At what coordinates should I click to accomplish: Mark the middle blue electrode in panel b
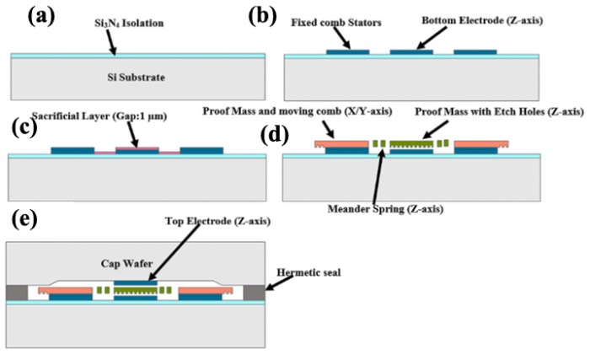coord(410,51)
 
